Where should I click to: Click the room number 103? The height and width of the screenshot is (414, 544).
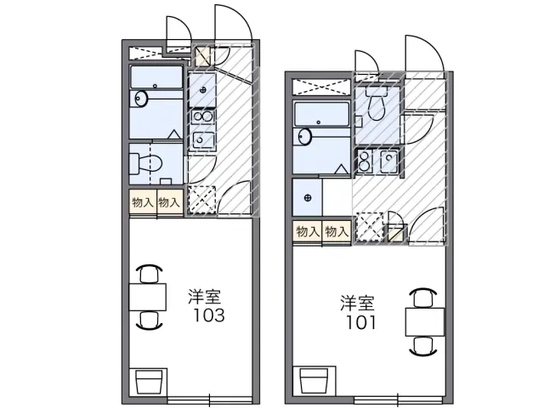(x=207, y=315)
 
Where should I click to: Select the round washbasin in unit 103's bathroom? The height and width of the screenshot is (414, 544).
(x=141, y=100)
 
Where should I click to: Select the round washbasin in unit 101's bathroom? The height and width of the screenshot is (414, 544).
(x=304, y=137)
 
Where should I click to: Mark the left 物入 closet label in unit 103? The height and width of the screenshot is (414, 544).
(x=142, y=201)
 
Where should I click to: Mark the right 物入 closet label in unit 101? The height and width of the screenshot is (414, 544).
(x=337, y=230)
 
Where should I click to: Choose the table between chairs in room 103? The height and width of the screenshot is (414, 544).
(x=149, y=297)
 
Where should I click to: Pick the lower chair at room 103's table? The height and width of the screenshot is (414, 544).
(x=150, y=320)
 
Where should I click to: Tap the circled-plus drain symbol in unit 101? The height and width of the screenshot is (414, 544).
(x=306, y=199)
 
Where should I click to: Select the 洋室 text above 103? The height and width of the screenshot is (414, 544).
(x=205, y=298)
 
